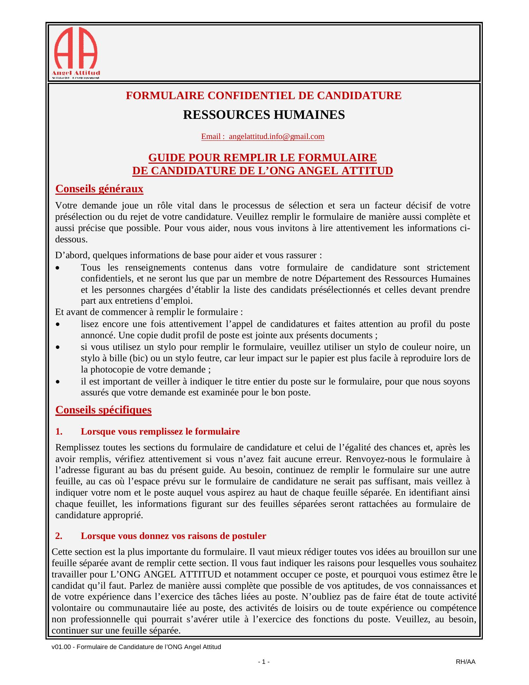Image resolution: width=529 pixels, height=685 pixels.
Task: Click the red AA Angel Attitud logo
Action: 76,53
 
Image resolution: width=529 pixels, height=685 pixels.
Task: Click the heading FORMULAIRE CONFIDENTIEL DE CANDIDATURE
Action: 263,96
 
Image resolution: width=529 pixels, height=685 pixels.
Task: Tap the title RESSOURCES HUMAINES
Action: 263,115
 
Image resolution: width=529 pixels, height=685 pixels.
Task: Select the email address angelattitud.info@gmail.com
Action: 276,137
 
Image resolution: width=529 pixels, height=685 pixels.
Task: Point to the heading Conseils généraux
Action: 99,189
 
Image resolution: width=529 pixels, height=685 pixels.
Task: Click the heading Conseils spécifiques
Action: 103,410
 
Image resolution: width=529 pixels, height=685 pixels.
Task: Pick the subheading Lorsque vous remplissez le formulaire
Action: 160,431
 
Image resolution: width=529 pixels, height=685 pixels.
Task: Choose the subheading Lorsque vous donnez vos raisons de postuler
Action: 173,536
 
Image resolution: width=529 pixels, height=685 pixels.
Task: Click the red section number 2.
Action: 59,536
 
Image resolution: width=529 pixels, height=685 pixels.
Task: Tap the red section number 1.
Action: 59,431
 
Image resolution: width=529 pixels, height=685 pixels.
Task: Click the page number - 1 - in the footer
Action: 264,662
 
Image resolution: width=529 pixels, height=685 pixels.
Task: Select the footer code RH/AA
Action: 465,662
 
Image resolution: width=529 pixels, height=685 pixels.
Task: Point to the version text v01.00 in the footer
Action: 59,647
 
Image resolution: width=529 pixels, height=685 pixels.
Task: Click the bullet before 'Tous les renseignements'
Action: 58,268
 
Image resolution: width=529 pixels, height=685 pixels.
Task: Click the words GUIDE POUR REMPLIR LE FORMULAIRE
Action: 262,157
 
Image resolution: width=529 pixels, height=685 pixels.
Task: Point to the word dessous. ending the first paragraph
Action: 71,240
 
